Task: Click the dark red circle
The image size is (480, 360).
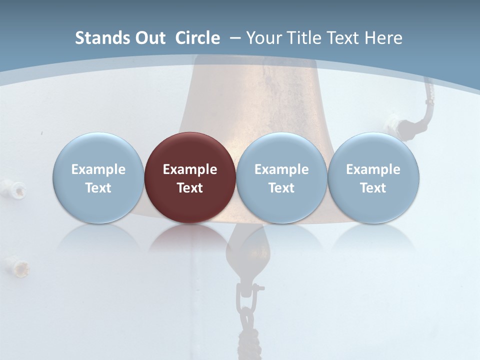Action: pos(190,178)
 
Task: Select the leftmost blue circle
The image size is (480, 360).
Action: pos(98,178)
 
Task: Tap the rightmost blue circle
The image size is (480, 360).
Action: pos(373,178)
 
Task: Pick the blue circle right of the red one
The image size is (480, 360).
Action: pos(281,178)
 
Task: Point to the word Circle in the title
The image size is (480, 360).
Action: pos(197,38)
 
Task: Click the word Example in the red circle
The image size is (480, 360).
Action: pos(190,169)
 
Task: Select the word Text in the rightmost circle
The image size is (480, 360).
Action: pos(373,188)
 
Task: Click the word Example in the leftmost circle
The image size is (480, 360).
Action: pos(98,169)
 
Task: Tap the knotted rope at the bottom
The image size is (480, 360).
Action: pos(247,340)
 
